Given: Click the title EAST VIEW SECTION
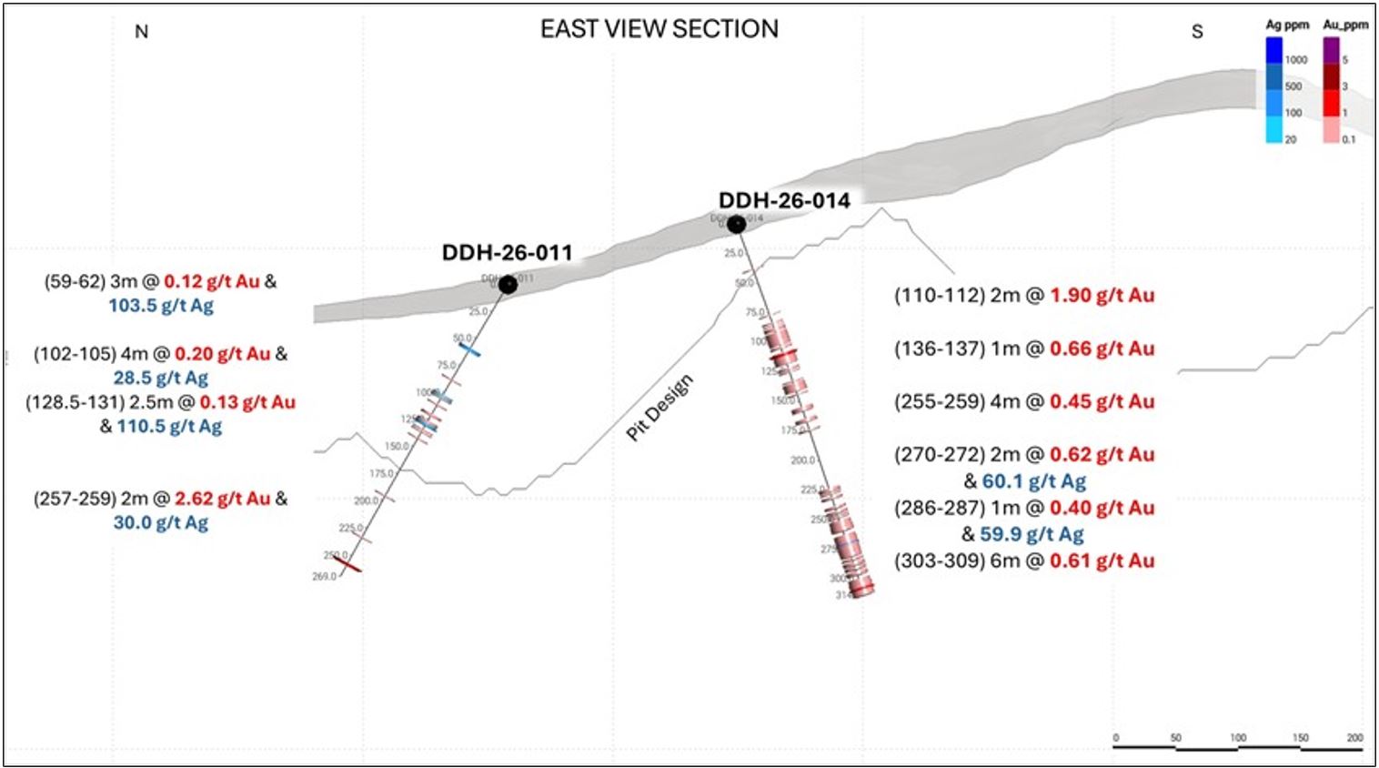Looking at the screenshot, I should click(x=659, y=29).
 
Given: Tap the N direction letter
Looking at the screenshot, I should click(x=141, y=32).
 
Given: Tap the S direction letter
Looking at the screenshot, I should click(x=1197, y=32).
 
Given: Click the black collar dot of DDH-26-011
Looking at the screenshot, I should click(x=508, y=285).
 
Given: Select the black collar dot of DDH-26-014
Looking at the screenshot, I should click(x=736, y=224).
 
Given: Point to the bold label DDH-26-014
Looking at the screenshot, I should click(x=784, y=200).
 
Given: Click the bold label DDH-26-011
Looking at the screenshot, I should click(x=507, y=252).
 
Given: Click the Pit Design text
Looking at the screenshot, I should click(x=659, y=407).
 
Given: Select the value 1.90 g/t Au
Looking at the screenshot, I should click(x=1102, y=295).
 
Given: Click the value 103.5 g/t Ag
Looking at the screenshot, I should click(x=161, y=306).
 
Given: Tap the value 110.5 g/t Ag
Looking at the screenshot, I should click(x=169, y=426).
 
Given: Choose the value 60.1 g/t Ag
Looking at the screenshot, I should click(x=1033, y=480).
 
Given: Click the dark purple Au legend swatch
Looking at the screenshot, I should click(x=1331, y=50).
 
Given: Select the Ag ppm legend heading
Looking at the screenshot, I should click(x=1286, y=25).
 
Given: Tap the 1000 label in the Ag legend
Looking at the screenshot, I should click(x=1296, y=60).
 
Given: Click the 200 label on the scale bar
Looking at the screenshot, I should click(x=1354, y=737).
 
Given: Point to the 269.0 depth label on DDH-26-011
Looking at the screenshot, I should click(x=324, y=576).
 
